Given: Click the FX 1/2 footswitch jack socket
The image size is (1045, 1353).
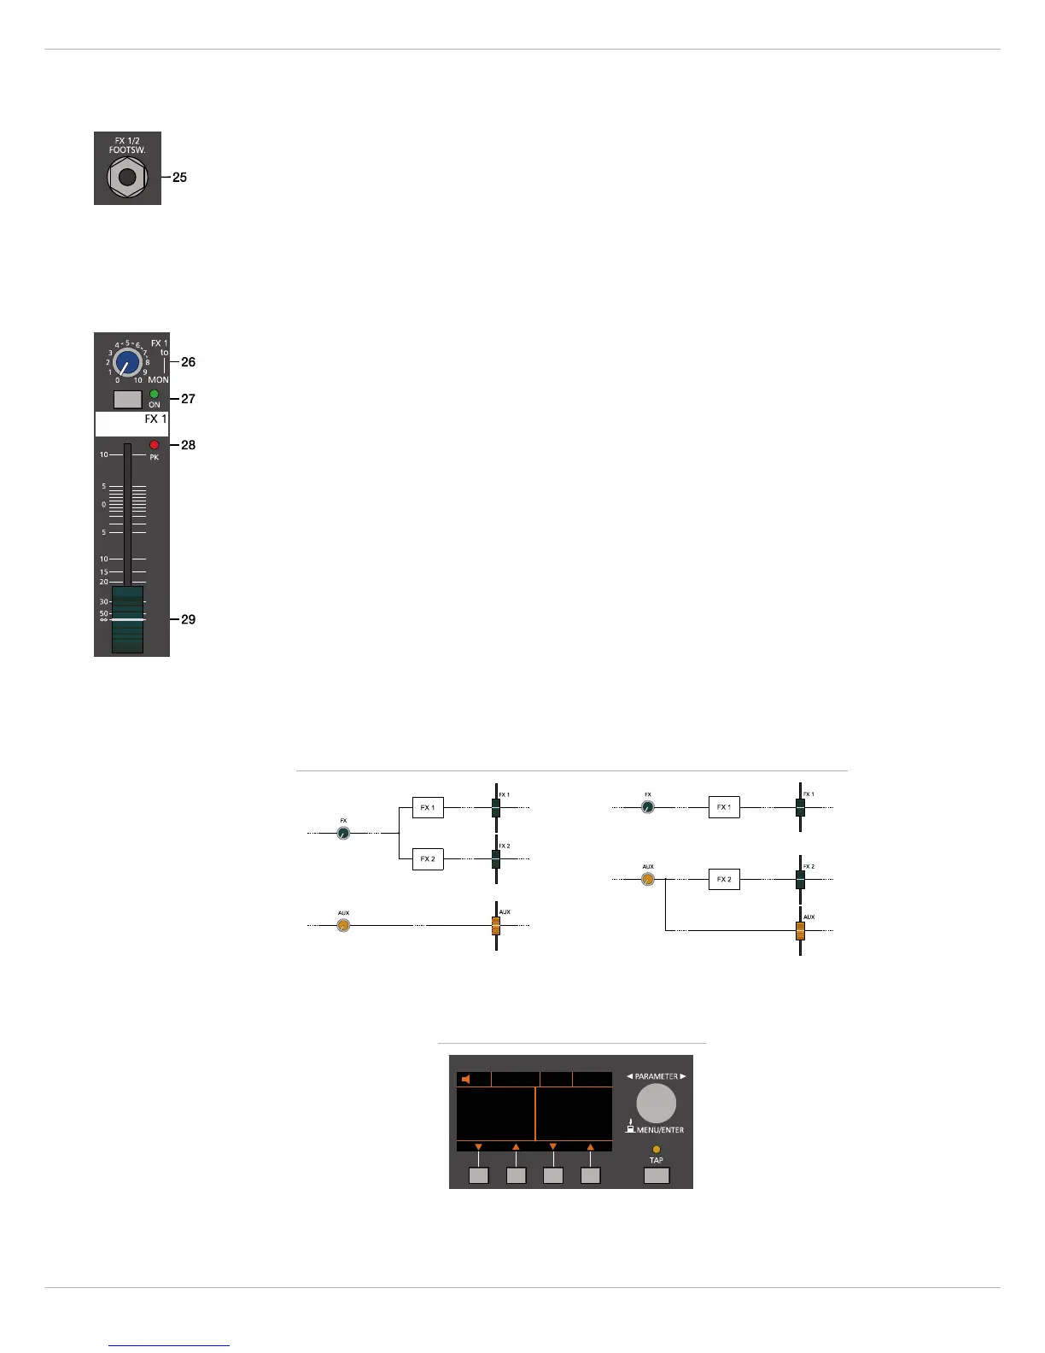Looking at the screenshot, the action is pyautogui.click(x=127, y=178).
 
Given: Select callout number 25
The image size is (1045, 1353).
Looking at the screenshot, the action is pyautogui.click(x=179, y=178).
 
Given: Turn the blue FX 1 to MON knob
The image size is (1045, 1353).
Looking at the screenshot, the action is pyautogui.click(x=127, y=362).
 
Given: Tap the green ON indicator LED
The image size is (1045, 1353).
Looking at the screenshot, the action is pyautogui.click(x=155, y=394).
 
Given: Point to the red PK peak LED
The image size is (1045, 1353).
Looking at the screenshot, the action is pyautogui.click(x=155, y=445).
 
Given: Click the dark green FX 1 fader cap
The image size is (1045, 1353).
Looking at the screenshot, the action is pyautogui.click(x=127, y=619).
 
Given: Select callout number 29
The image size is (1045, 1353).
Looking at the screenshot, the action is pyautogui.click(x=188, y=619).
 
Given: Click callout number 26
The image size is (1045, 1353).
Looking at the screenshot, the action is pyautogui.click(x=188, y=362).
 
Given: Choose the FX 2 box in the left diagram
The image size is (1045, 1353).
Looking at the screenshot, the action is pyautogui.click(x=428, y=858).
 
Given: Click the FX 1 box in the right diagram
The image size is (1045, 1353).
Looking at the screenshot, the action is pyautogui.click(x=724, y=807).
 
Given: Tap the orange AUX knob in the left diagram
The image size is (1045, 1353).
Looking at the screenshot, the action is pyautogui.click(x=343, y=925).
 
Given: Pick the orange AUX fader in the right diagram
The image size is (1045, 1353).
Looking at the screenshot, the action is pyautogui.click(x=800, y=930).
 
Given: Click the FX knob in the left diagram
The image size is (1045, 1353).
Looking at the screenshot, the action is pyautogui.click(x=343, y=833).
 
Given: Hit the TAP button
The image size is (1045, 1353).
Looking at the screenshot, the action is pyautogui.click(x=656, y=1176).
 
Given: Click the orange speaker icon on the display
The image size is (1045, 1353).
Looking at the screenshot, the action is pyautogui.click(x=465, y=1080).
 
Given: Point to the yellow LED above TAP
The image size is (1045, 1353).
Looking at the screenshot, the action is pyautogui.click(x=656, y=1150).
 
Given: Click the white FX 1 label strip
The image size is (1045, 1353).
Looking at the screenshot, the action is pyautogui.click(x=131, y=424).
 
